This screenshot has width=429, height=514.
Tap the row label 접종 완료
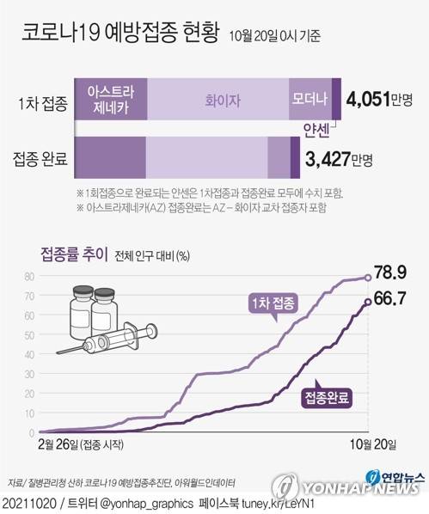click(41, 160)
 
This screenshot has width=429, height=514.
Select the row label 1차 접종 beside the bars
click(41, 102)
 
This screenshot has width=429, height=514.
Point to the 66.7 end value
click(395, 298)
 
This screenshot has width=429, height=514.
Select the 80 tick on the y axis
click(28, 277)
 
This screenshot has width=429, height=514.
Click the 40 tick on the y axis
click(28, 355)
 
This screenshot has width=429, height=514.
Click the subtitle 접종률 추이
click(71, 254)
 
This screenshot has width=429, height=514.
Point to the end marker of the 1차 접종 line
click(368, 277)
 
